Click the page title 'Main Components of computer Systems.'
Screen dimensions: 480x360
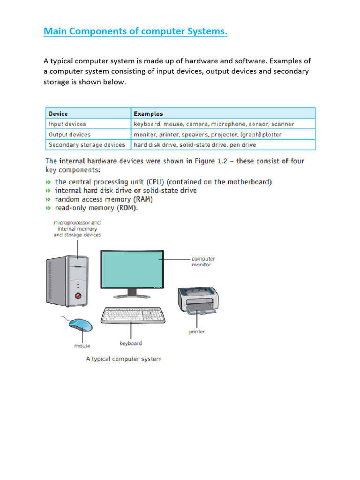(x=135, y=31)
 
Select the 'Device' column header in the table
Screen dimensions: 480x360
(x=58, y=113)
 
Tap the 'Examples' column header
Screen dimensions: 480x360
(x=148, y=113)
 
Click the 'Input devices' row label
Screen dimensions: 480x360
(x=67, y=124)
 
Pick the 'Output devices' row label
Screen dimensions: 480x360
(x=69, y=135)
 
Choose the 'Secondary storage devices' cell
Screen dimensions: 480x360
(x=87, y=145)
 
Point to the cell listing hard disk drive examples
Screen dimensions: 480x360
(x=195, y=145)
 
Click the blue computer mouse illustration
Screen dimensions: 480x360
(x=81, y=324)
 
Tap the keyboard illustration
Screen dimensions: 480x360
(x=133, y=316)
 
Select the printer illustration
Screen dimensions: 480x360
(x=198, y=300)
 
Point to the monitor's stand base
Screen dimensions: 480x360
(x=132, y=296)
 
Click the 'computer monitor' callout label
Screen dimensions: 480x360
(x=203, y=262)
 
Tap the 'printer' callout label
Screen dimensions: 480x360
(x=197, y=332)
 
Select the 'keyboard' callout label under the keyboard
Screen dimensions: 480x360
(x=130, y=344)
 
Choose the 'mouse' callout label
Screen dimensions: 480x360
(x=82, y=346)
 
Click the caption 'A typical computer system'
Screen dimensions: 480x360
(x=124, y=359)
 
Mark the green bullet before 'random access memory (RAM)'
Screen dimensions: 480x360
(x=48, y=199)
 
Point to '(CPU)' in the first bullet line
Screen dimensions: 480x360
(x=141, y=182)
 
